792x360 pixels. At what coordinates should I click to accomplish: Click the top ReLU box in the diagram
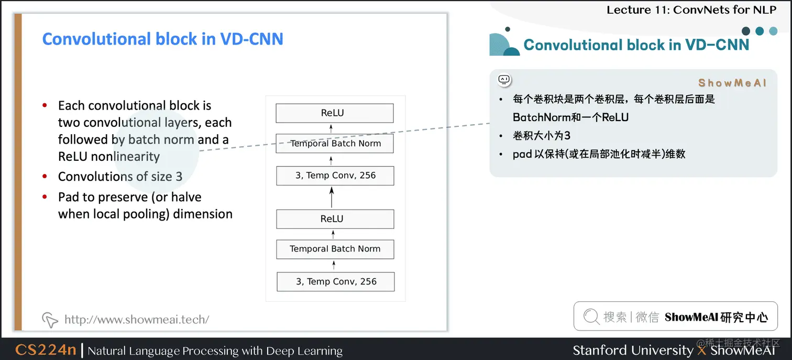pos(334,113)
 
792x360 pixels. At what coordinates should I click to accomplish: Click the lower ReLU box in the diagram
pos(334,219)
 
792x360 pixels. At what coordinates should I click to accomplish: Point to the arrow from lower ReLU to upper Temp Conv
pos(332,198)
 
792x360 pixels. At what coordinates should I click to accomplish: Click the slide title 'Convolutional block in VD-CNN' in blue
pos(162,39)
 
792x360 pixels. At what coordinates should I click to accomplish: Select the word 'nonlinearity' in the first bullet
pos(125,157)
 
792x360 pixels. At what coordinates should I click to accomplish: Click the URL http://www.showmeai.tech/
pos(137,319)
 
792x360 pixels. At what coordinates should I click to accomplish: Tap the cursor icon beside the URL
pos(50,319)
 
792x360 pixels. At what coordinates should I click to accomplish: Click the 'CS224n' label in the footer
pos(46,350)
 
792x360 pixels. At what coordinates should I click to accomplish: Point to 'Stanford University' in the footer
pos(632,350)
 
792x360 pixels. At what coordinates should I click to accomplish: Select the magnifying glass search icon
pos(591,316)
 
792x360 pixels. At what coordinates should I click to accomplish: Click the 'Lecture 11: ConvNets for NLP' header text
pos(691,9)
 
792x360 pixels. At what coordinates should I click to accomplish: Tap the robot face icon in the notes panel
pos(504,80)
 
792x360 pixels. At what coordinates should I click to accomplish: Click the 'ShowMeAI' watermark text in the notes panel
pos(732,83)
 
